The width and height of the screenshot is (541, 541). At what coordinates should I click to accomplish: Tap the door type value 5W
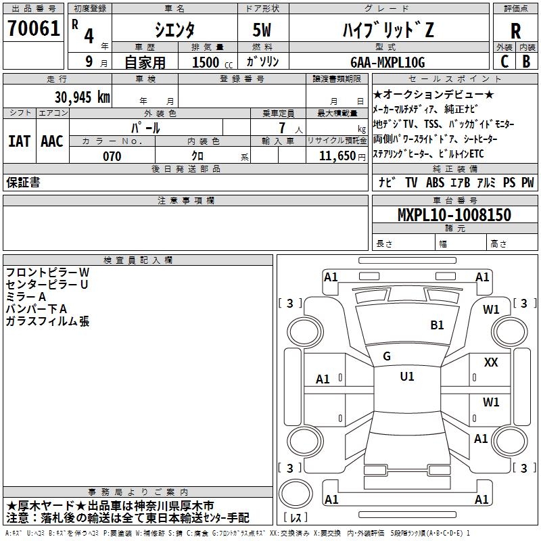click(264, 30)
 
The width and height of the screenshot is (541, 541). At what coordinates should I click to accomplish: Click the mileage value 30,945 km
click(82, 97)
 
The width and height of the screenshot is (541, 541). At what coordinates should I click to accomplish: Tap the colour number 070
click(112, 156)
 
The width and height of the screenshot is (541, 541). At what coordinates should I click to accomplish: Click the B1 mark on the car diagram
click(437, 325)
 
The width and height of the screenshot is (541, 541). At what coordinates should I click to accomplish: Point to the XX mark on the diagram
click(491, 363)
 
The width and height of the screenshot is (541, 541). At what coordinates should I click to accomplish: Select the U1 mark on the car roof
click(406, 377)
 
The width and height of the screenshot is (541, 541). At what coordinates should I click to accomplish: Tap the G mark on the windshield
click(387, 356)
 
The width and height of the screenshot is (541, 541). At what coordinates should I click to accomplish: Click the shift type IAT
click(19, 141)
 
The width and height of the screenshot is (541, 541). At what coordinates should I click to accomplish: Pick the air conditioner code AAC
click(52, 141)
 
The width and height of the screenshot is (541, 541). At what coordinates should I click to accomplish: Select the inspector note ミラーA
click(26, 297)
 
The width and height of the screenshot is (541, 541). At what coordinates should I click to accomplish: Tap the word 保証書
click(23, 182)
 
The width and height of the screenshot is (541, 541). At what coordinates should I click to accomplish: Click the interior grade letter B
click(526, 62)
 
